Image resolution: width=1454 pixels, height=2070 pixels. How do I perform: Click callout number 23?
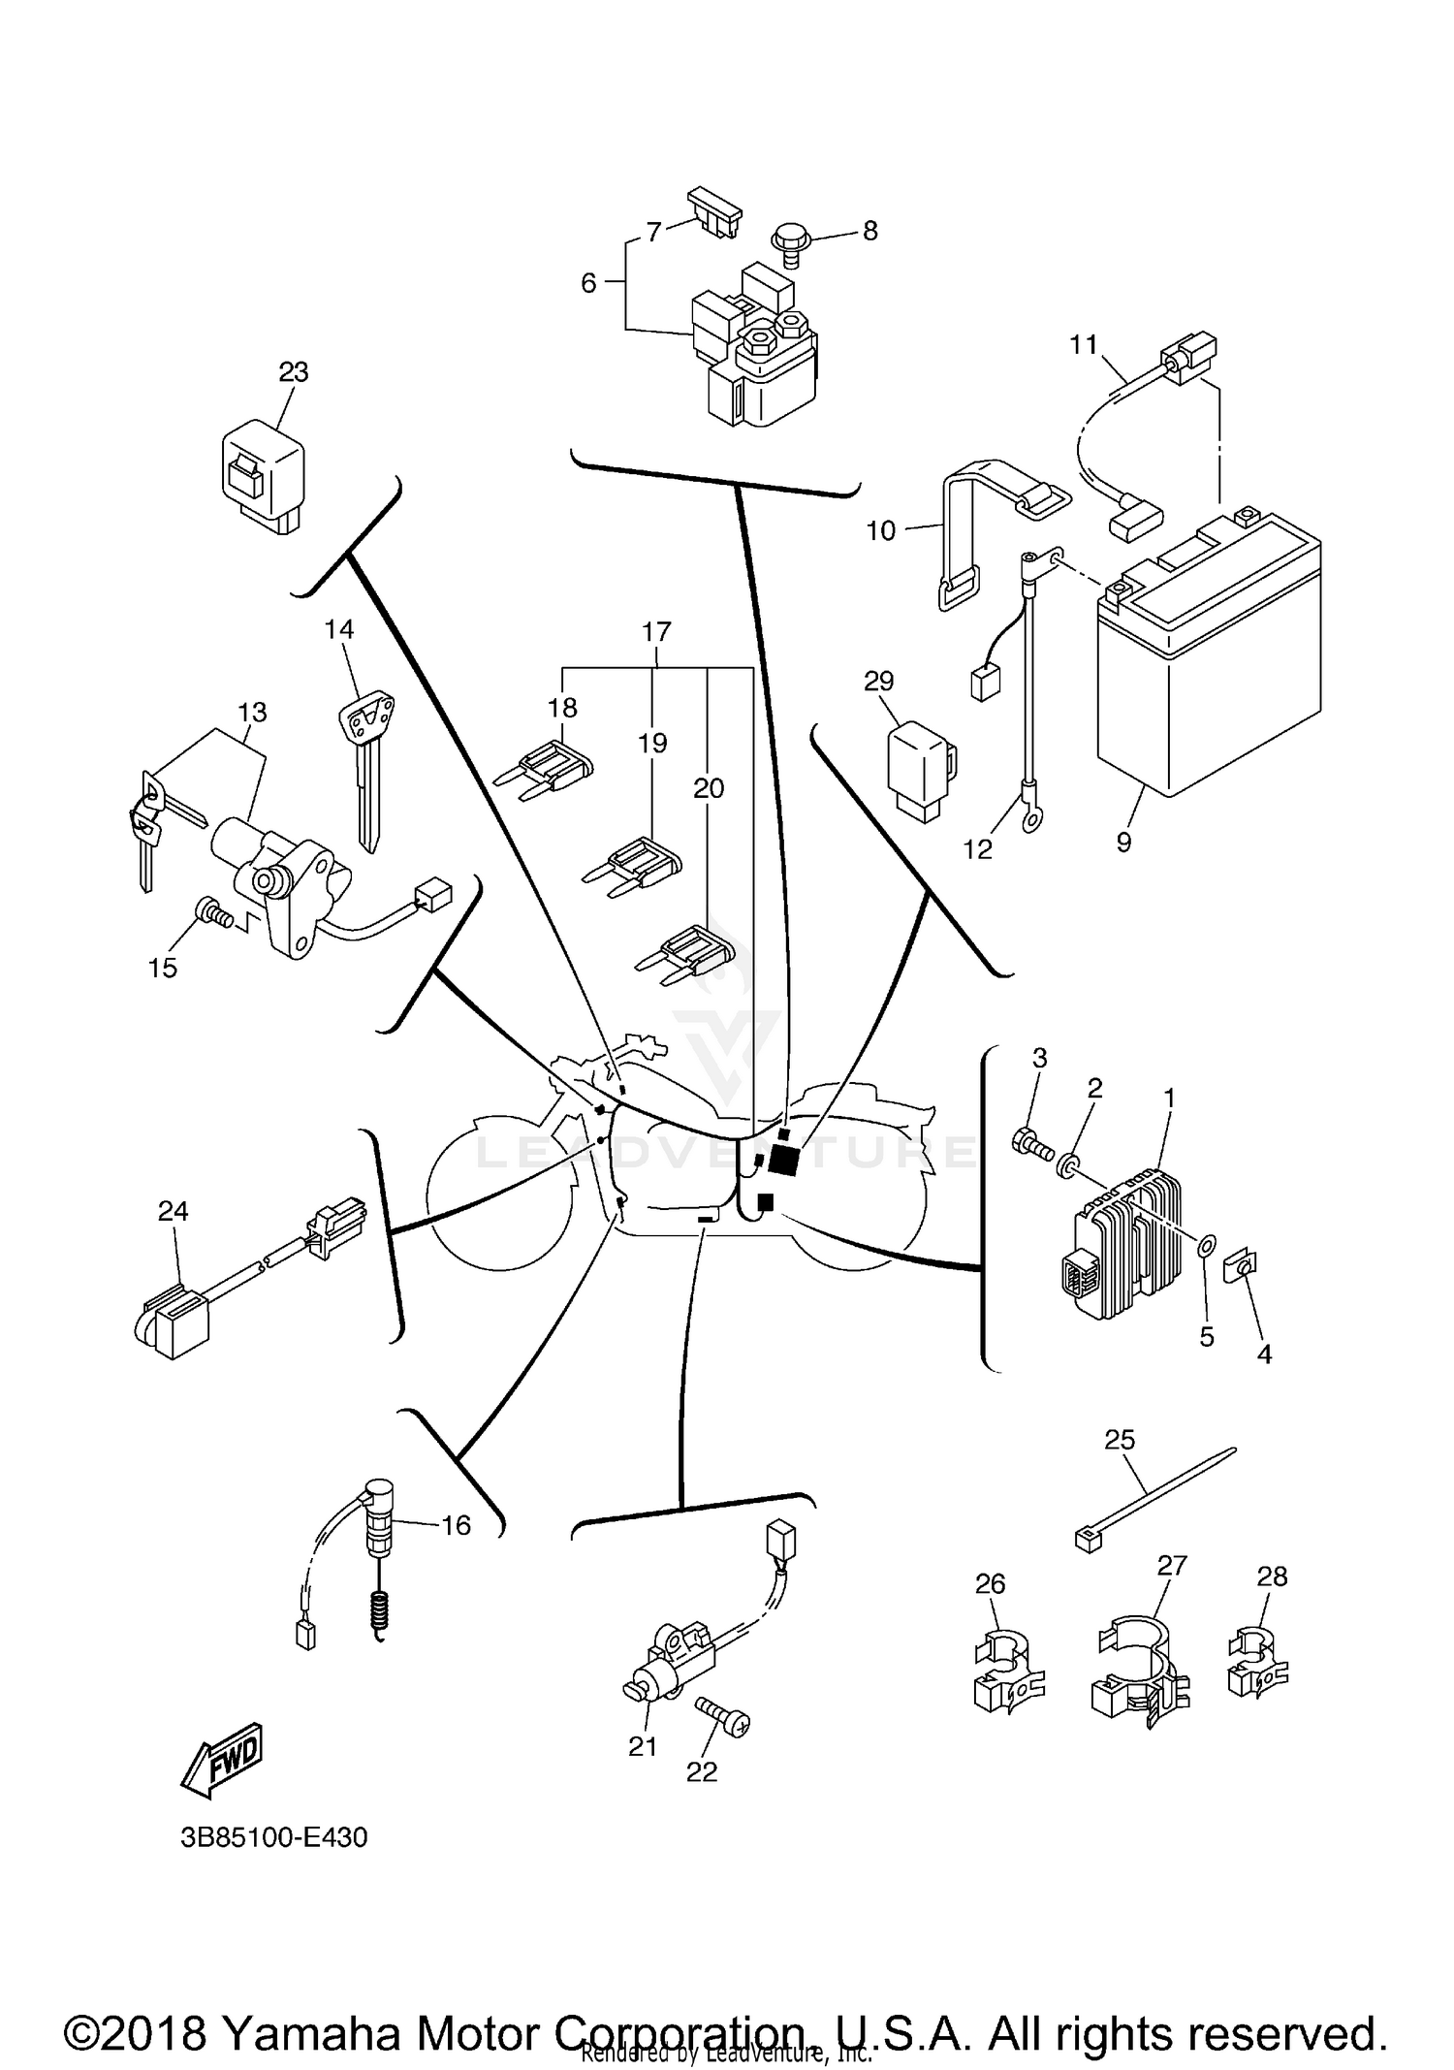pyautogui.click(x=293, y=372)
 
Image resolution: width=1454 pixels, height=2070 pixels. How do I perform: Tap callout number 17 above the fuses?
pyautogui.click(x=656, y=632)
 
